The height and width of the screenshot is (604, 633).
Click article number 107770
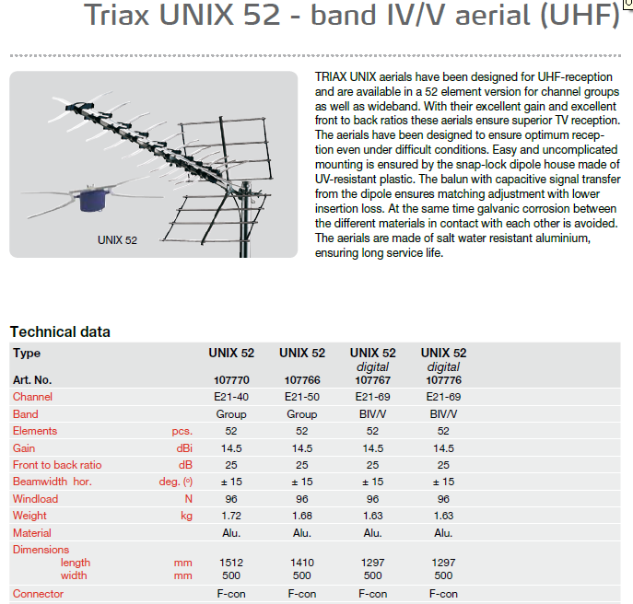pos(231,380)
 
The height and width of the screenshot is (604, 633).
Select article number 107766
pos(302,380)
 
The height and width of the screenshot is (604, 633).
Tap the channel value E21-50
pos(302,397)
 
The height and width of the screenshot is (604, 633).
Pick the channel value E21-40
pos(231,397)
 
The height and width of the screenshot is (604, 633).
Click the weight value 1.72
pos(231,516)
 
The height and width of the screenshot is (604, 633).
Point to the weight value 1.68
pos(302,516)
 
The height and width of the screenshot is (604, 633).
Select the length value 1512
pos(231,563)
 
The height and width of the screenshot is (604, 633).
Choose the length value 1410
pos(302,563)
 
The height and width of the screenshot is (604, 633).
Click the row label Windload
pos(36,499)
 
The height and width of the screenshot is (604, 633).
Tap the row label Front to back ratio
pos(57,465)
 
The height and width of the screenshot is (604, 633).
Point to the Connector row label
pos(38,594)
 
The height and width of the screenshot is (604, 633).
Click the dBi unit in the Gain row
pos(184,448)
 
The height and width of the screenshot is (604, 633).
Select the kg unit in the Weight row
pos(186,516)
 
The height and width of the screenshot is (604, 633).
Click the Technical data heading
pos(60,332)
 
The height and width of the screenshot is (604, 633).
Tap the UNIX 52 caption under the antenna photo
pos(117,240)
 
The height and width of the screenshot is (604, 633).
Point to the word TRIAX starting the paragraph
pos(331,77)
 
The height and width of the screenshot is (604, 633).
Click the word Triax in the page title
pos(117,16)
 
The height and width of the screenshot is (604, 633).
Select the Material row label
pos(32,533)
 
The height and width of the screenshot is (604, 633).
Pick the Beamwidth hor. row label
pos(53,482)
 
